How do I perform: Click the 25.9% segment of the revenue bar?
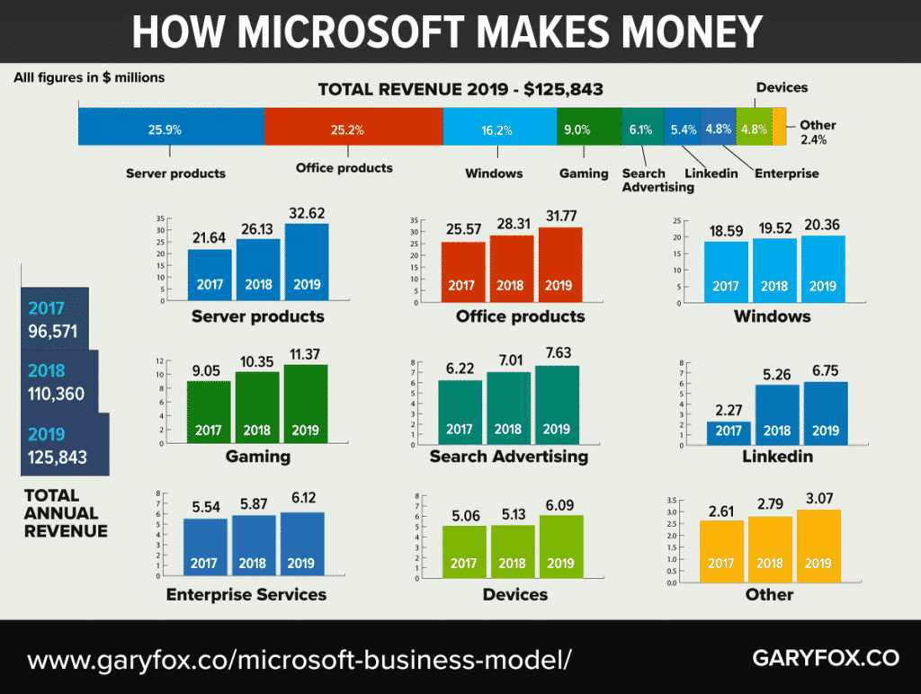coord(171,127)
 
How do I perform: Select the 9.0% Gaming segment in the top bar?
coord(589,127)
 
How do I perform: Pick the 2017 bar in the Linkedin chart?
coord(729,432)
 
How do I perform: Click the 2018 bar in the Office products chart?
coord(510,269)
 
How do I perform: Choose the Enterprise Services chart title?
coord(246,594)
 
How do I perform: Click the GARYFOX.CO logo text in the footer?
coord(825,658)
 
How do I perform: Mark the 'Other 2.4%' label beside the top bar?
coord(817,132)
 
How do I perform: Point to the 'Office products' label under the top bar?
coord(344,168)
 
